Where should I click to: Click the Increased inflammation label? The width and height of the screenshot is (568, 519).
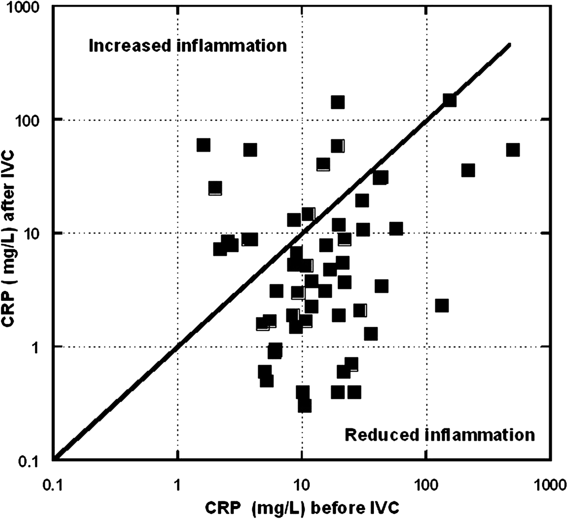(188, 46)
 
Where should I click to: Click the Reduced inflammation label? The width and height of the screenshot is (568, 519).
(440, 435)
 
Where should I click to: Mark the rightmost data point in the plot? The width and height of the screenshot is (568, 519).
(513, 150)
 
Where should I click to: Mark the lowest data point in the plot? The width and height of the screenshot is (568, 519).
(305, 405)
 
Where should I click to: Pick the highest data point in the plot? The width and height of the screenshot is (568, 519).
(338, 102)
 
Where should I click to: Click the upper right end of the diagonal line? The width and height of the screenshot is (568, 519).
(510, 44)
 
